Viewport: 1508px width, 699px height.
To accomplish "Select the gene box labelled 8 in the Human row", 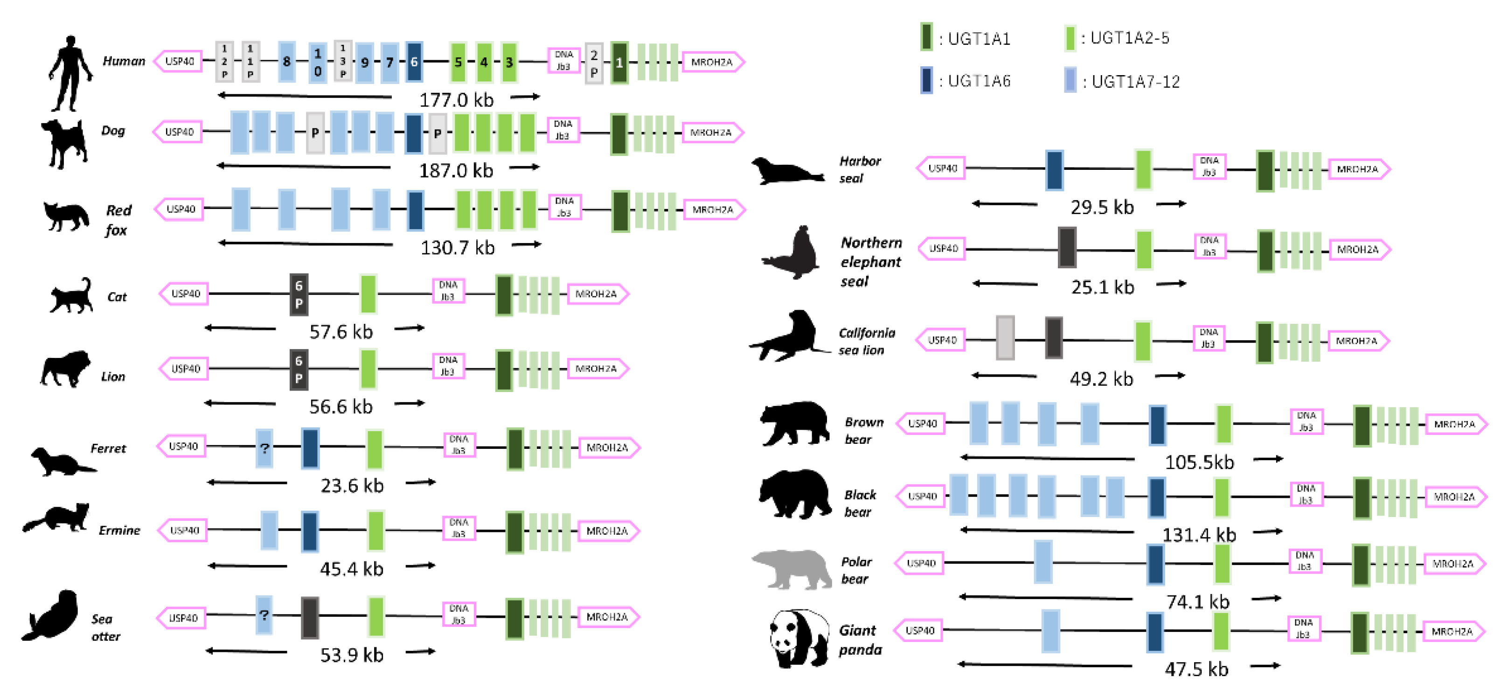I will point(286,62).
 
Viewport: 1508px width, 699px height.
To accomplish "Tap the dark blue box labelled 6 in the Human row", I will point(414,62).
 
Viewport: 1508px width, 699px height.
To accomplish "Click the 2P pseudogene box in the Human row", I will point(594,63).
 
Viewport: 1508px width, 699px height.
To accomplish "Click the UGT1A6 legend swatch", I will point(926,81).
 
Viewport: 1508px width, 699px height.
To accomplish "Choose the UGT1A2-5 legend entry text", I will point(1129,38).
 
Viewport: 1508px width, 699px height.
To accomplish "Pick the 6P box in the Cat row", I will point(299,294).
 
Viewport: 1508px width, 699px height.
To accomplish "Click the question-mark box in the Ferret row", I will point(264,448).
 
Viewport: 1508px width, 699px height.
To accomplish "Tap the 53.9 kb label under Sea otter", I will point(351,655).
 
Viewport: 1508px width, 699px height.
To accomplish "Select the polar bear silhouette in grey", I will point(792,568).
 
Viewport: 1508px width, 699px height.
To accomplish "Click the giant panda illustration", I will point(799,638).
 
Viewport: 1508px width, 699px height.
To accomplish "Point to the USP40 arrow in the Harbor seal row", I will point(941,168).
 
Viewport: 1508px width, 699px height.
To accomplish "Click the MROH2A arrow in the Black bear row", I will point(1455,497).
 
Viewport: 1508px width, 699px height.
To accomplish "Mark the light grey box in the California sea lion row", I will point(1005,338).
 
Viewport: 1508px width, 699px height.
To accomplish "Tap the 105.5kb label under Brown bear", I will point(1199,462).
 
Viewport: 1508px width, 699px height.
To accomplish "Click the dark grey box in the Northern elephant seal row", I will point(1067,248).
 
